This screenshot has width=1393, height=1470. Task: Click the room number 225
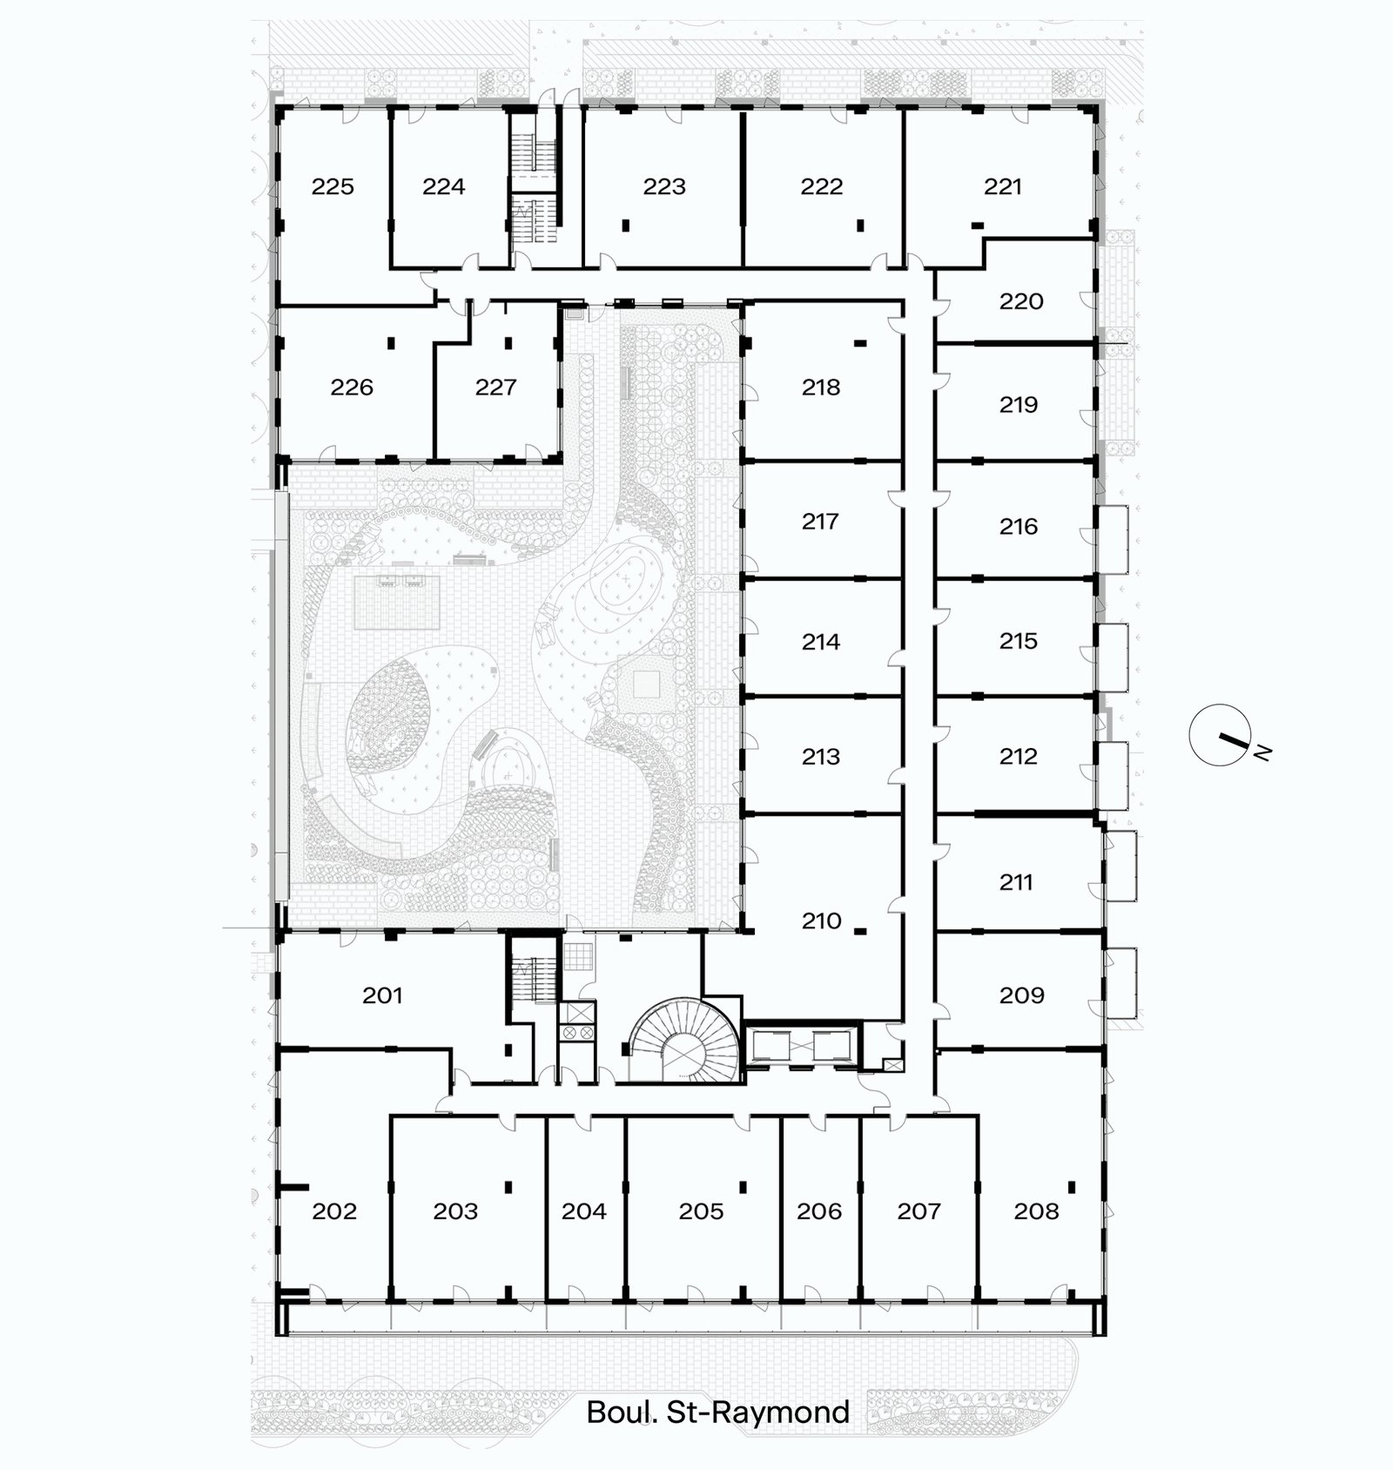tap(333, 186)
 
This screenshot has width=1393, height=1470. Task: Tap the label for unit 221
tap(1002, 186)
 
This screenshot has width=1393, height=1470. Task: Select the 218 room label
tap(821, 387)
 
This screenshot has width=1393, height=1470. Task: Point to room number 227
tap(495, 387)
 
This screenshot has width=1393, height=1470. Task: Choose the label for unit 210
tap(821, 920)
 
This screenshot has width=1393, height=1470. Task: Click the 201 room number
tap(382, 995)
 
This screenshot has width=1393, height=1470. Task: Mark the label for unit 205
tap(701, 1210)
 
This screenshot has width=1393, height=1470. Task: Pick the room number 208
tap(1036, 1210)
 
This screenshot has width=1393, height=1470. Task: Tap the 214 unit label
tap(821, 641)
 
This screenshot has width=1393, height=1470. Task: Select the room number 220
tap(1020, 301)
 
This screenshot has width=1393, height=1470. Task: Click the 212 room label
tap(1018, 756)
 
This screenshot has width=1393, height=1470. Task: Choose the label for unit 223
tap(664, 186)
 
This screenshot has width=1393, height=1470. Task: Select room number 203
tap(455, 1210)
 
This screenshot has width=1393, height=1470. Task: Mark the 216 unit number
tap(1018, 526)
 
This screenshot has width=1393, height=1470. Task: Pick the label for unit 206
tap(819, 1210)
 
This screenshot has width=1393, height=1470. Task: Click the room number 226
tap(352, 387)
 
